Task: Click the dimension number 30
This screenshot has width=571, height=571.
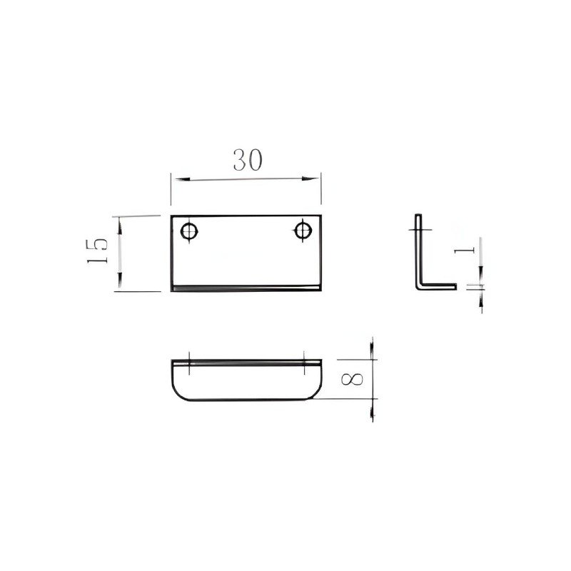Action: [x=248, y=160]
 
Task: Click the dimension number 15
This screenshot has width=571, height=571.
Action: [x=97, y=251]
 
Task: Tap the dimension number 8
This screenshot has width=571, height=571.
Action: [x=352, y=379]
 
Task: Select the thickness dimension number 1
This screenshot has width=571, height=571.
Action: [x=465, y=251]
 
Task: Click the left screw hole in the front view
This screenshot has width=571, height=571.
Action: [x=189, y=231]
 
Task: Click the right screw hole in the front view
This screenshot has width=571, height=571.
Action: [x=303, y=231]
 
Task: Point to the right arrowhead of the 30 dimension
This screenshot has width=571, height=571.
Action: [x=310, y=178]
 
